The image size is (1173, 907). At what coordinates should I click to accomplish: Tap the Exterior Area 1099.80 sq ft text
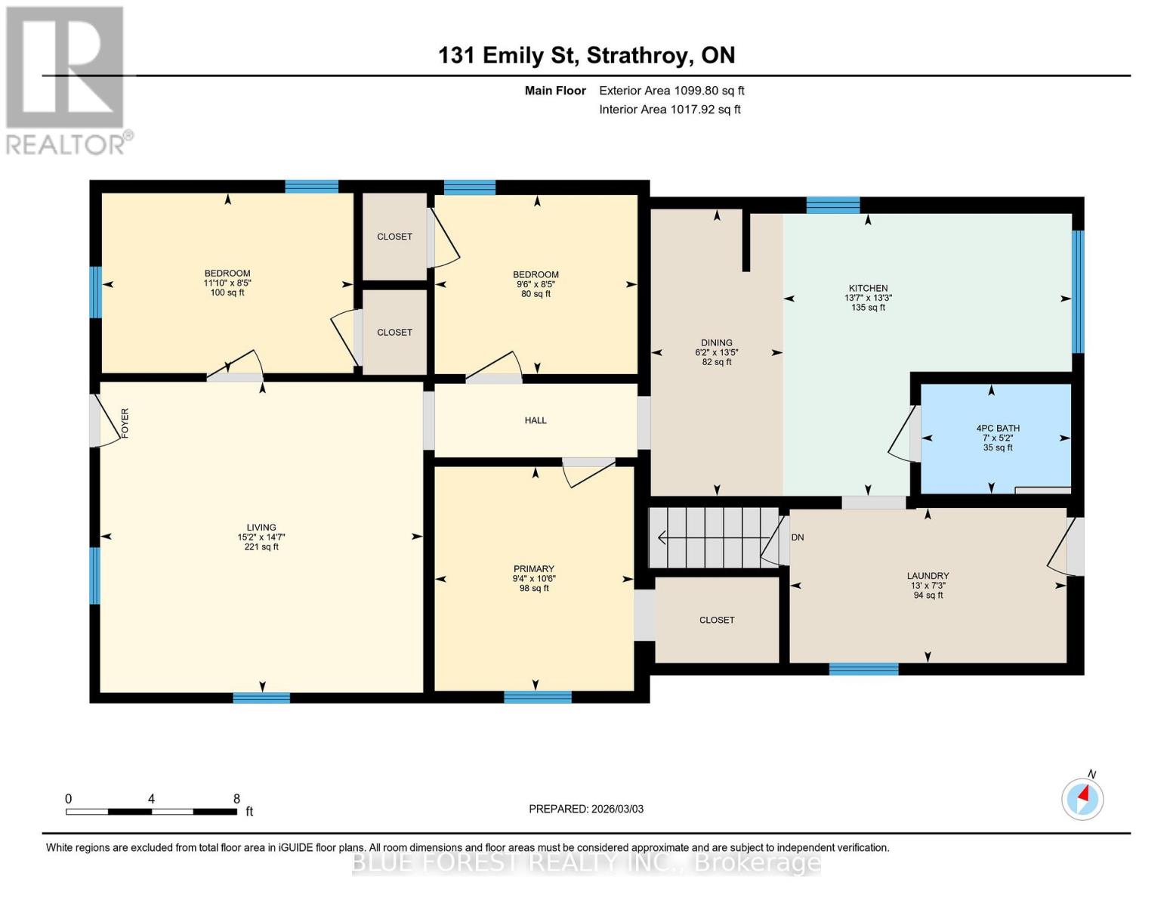[671, 91]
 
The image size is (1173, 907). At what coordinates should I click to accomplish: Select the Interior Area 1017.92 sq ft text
[669, 110]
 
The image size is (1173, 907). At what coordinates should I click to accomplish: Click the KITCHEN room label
[868, 288]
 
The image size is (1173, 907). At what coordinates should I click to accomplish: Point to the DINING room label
[716, 343]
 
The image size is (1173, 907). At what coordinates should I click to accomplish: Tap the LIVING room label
[261, 528]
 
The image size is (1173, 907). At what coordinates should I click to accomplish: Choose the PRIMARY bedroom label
[534, 569]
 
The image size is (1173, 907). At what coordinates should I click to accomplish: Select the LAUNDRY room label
[928, 576]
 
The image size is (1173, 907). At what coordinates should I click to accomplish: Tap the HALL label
[536, 420]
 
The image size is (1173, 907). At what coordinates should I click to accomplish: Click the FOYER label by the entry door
[125, 423]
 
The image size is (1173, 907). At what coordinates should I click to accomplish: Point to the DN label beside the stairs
[798, 537]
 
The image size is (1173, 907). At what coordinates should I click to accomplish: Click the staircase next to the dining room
[714, 537]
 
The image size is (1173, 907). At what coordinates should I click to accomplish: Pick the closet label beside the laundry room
[717, 620]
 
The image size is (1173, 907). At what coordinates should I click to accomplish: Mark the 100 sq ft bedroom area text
[227, 293]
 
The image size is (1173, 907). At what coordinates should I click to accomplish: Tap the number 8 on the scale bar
[236, 799]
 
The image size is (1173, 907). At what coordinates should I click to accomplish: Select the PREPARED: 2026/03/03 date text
[586, 809]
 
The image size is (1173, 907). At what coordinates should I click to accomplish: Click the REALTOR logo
[66, 80]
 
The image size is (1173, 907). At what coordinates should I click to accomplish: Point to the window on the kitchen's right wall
[1078, 291]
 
